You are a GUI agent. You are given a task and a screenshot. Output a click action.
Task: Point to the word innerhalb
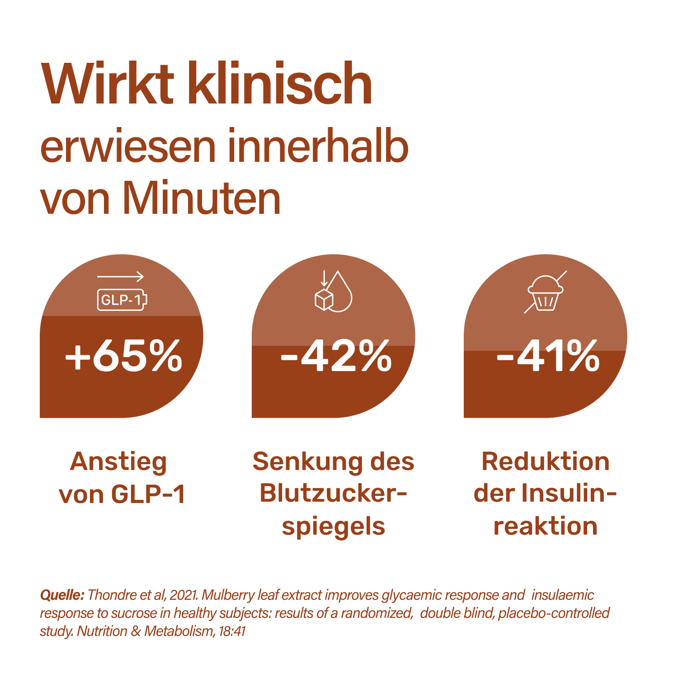[318, 146]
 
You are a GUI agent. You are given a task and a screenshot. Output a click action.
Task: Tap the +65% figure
[123, 356]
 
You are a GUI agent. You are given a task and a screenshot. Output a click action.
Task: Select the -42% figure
[336, 356]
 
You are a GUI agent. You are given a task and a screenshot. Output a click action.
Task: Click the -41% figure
[548, 356]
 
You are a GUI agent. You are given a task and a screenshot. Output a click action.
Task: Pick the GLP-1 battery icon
[122, 300]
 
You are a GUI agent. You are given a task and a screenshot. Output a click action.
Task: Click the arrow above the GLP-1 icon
[120, 277]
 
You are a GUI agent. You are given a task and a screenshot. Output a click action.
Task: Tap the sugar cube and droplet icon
[333, 292]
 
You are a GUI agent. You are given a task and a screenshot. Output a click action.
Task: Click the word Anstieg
[118, 462]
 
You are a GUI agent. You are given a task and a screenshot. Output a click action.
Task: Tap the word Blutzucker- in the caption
[333, 494]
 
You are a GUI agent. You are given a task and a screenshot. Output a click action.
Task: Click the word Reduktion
[546, 462]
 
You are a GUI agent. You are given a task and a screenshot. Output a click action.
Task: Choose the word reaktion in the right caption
[546, 527]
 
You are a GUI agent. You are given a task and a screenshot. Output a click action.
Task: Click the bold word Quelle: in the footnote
[62, 595]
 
